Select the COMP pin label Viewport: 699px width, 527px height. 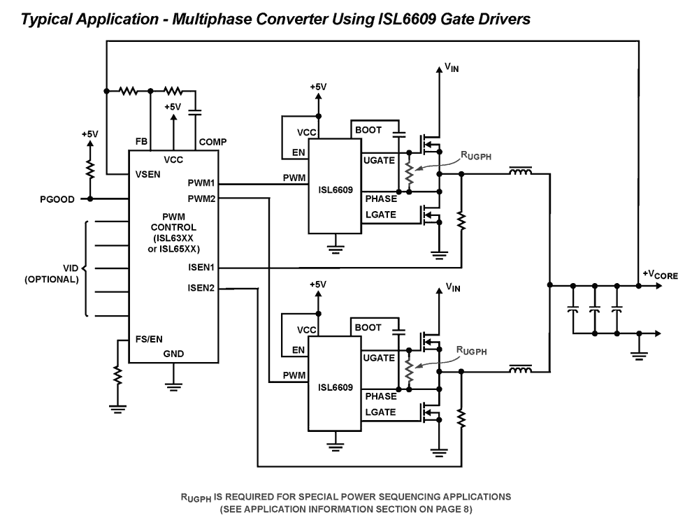[x=212, y=142]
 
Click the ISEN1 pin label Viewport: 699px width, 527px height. [x=201, y=268]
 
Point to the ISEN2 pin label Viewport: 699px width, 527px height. [x=201, y=287]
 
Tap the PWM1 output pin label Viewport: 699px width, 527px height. [x=201, y=184]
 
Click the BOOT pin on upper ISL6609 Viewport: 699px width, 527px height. [x=368, y=130]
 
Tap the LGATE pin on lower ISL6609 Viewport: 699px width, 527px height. [x=380, y=412]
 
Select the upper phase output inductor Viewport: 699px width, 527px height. [x=519, y=171]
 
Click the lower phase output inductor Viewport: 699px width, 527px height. [x=519, y=369]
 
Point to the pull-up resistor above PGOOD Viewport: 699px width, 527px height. [x=89, y=168]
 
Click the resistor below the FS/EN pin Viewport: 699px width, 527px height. [x=118, y=375]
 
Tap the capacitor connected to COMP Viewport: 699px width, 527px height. [x=196, y=110]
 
